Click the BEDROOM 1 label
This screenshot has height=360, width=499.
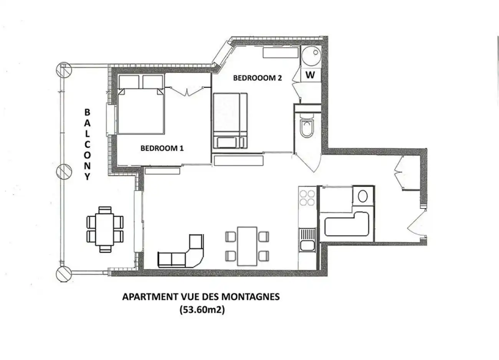pos(162,148)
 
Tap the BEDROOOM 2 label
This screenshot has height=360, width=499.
pos(257,78)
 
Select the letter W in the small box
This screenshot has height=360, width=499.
pos(310,75)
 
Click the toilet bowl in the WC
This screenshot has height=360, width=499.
pos(307,128)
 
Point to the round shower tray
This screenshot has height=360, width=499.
pos(311,56)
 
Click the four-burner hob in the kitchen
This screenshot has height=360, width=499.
pos(307,198)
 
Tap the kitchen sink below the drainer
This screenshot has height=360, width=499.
pos(307,246)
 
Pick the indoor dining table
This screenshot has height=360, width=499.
pos(247,246)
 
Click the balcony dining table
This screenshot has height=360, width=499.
pos(104,230)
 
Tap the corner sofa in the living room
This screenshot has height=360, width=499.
pos(180,251)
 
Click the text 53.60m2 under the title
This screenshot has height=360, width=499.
pos(202,310)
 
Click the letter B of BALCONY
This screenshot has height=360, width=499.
pos(88,112)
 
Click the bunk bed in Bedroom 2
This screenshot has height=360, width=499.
pos(230,121)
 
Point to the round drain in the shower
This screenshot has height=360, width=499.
pos(316,53)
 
